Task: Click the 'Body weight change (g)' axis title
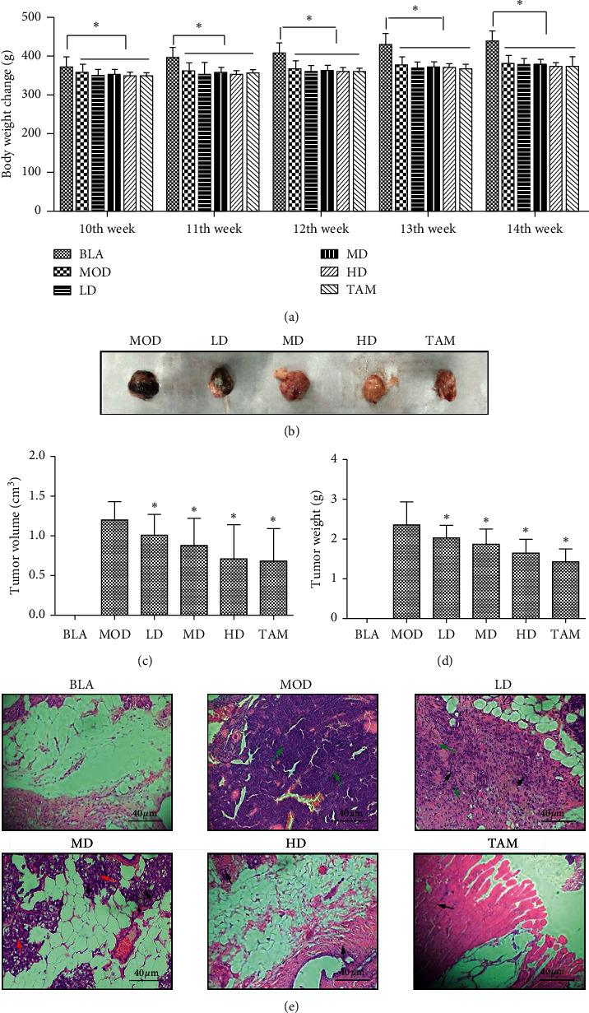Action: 9,114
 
